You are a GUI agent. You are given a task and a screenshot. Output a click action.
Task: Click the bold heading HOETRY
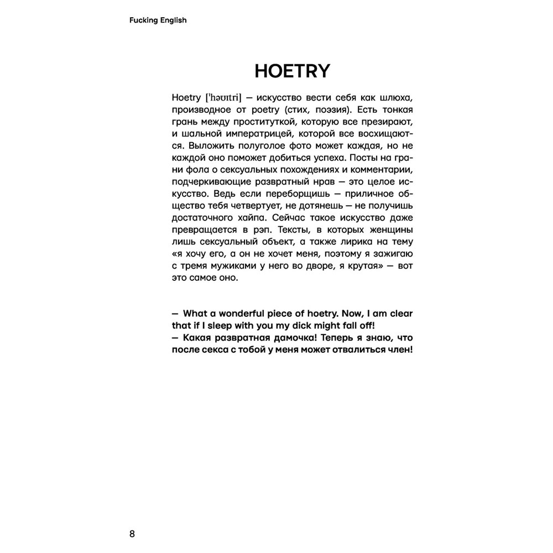pyautogui.click(x=292, y=71)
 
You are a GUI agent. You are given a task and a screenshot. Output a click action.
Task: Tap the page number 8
pyautogui.click(x=132, y=534)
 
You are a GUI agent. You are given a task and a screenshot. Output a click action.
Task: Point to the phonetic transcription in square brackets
pyautogui.click(x=223, y=97)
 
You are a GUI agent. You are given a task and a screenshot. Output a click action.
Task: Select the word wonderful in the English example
pyautogui.click(x=242, y=313)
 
